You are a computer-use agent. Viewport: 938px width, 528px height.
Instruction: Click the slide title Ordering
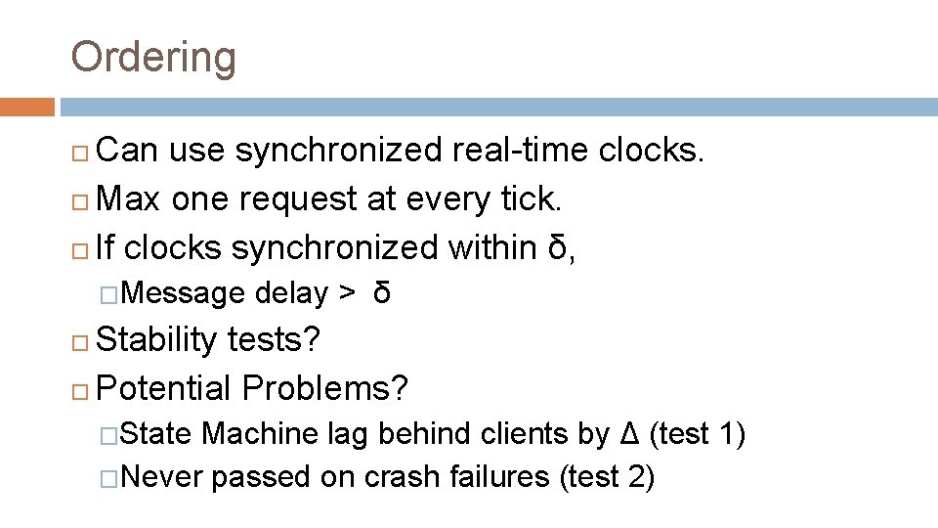(x=153, y=57)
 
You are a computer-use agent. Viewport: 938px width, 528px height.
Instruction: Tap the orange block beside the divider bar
(x=26, y=106)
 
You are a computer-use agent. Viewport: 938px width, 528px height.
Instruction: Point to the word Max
(x=131, y=199)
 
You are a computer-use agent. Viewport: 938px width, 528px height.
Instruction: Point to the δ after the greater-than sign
(x=382, y=292)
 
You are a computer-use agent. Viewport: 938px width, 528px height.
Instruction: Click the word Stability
(x=157, y=340)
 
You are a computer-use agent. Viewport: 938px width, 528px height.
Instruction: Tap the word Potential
(x=165, y=389)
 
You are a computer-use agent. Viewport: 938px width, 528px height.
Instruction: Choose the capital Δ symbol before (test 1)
(x=631, y=433)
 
